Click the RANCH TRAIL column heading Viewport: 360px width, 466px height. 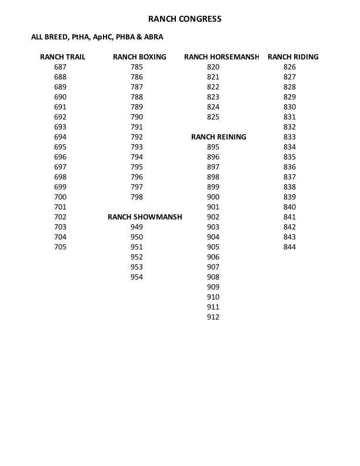(x=62, y=57)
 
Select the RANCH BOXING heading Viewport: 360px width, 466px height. (x=139, y=57)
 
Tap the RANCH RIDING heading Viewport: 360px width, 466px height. (x=293, y=57)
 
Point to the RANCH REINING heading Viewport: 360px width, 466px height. (x=219, y=137)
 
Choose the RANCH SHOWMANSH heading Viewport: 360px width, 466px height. (x=145, y=217)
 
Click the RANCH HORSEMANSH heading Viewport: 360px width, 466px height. (x=221, y=57)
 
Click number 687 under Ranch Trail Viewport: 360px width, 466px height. (x=60, y=67)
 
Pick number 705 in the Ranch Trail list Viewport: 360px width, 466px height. (x=60, y=247)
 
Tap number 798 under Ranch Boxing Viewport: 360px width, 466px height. (x=136, y=197)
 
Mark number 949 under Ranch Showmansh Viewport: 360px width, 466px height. (x=136, y=227)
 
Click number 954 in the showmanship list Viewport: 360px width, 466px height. (x=136, y=277)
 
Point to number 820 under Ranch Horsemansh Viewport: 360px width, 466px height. (x=213, y=67)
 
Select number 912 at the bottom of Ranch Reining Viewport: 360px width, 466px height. (x=213, y=317)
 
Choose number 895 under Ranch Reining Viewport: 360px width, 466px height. (x=213, y=147)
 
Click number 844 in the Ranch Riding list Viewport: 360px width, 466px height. (x=289, y=247)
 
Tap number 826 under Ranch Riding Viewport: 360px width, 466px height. (x=289, y=67)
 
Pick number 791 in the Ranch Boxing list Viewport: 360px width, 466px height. (x=136, y=127)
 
